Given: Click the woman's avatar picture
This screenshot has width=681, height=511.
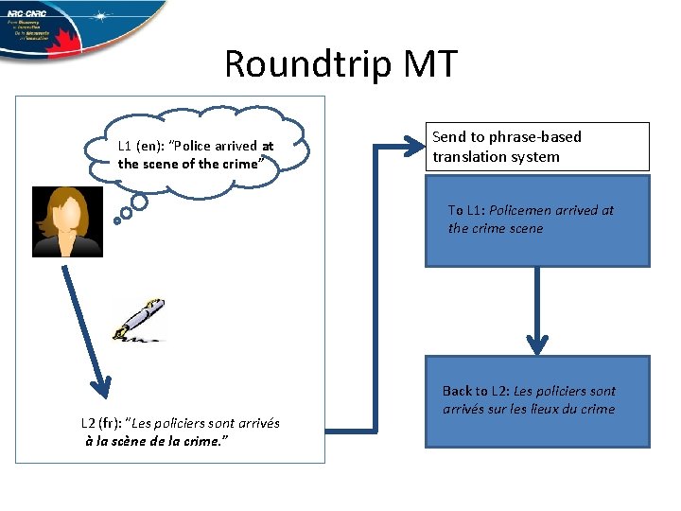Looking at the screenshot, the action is tap(67, 221).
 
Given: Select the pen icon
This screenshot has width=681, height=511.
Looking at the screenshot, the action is tap(138, 319).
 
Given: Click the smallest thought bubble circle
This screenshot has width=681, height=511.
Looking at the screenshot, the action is tap(117, 221).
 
